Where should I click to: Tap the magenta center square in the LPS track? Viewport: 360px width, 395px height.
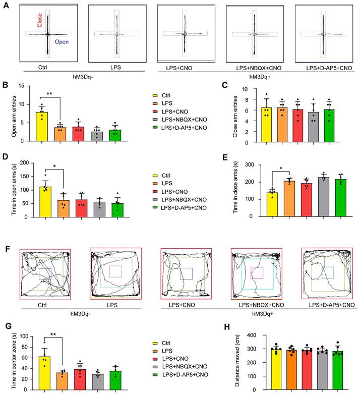[116, 271]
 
